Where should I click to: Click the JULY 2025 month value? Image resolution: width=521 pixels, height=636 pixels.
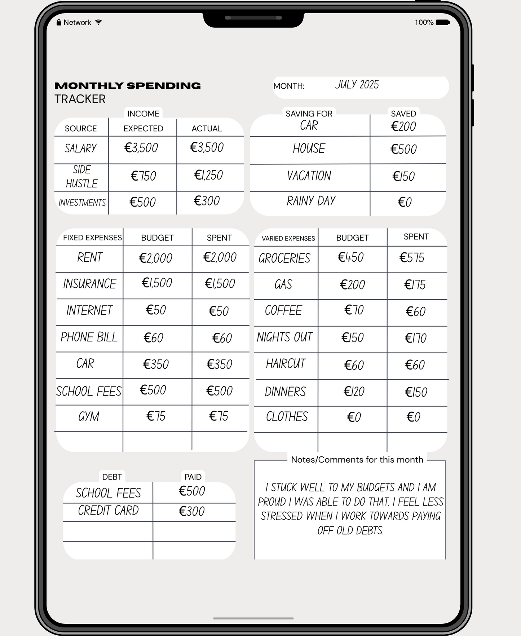tap(357, 85)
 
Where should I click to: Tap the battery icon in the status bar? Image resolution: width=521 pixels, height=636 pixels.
tap(442, 22)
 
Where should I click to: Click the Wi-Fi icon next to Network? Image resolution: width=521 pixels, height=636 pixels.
tap(98, 22)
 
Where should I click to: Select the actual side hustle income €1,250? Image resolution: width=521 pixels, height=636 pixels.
tap(208, 175)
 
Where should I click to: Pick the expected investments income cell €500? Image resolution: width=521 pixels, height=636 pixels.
tap(142, 202)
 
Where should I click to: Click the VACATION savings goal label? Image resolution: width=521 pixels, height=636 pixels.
tap(309, 176)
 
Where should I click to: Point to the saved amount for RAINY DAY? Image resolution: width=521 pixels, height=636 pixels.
tap(405, 202)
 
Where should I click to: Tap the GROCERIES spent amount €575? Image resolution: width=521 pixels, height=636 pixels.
tap(412, 258)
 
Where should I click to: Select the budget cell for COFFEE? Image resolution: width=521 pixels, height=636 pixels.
tap(354, 310)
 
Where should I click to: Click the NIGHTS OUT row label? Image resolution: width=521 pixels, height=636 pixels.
tap(284, 337)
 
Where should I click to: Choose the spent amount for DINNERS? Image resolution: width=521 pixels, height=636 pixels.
tap(416, 392)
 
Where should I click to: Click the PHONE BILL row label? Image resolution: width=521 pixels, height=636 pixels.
tap(89, 337)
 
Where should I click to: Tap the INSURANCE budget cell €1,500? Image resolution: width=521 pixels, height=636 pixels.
tap(157, 283)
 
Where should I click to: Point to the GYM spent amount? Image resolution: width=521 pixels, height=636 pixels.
tap(218, 416)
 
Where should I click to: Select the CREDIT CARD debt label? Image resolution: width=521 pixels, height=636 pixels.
tap(108, 511)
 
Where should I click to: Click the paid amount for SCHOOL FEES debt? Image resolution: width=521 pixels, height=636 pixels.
tap(192, 491)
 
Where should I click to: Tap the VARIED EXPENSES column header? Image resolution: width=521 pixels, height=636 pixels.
tap(288, 238)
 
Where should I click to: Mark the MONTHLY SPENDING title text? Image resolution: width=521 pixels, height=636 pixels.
tap(128, 86)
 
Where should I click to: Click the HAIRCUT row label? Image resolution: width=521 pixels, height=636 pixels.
tap(286, 364)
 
